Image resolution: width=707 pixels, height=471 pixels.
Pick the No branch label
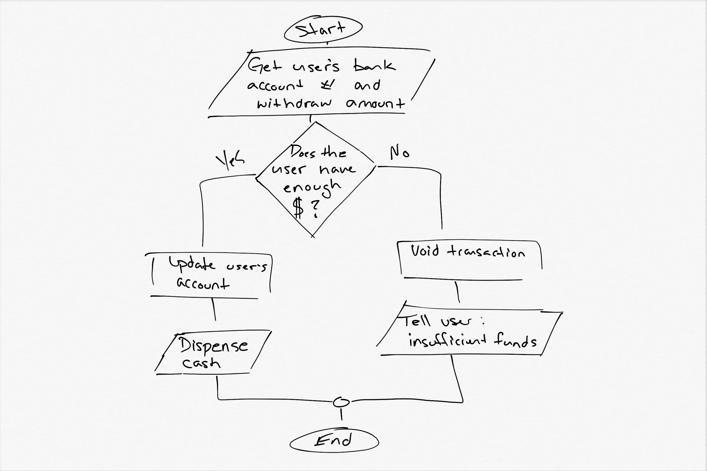pos(399,153)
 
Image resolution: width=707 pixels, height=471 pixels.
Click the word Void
pos(425,251)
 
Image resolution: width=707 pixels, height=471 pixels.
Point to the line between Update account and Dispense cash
pos(214,309)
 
